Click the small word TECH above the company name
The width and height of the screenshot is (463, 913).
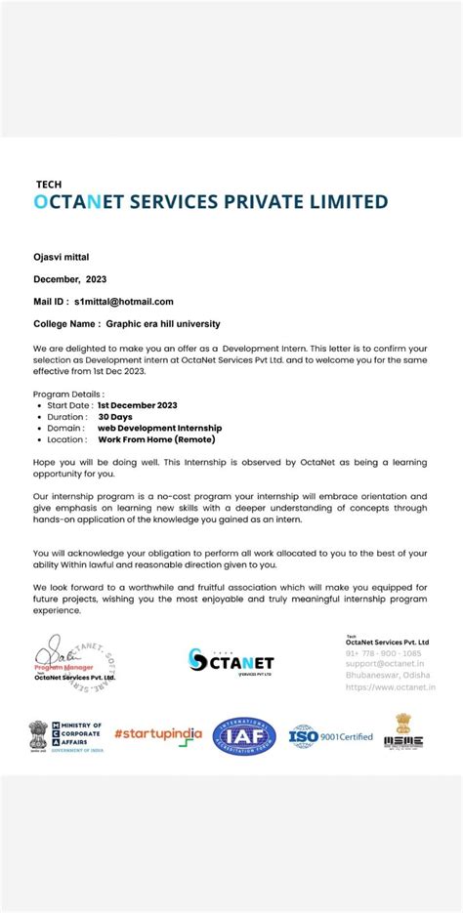point(48,184)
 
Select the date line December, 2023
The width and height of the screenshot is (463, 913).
point(70,278)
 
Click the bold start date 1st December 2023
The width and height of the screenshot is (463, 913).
point(137,404)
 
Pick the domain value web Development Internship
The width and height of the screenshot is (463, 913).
point(159,428)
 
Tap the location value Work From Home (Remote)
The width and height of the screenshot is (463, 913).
point(149,439)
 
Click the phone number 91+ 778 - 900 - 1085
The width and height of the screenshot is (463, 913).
point(384,653)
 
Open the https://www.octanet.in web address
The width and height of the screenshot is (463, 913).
point(385,685)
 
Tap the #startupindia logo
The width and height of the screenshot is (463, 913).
point(157,734)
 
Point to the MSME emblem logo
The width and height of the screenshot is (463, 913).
point(402,731)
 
